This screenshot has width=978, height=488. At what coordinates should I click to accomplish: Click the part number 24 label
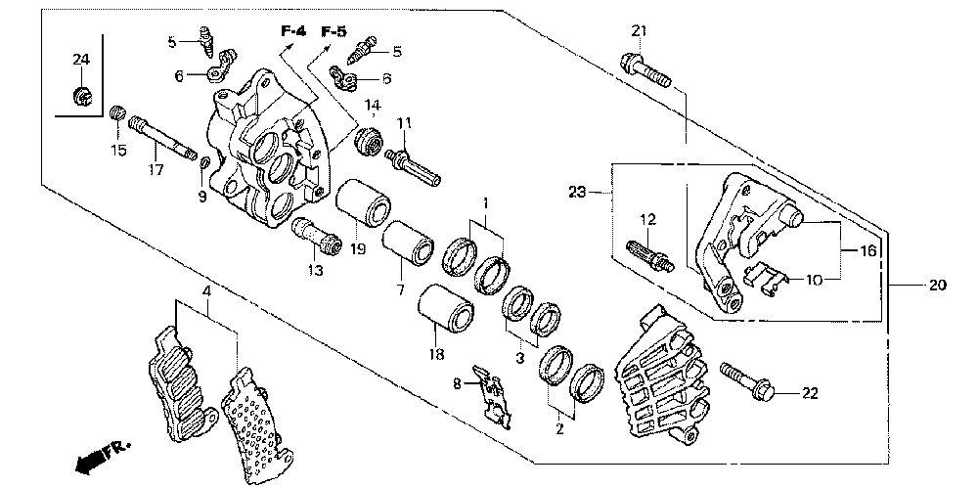tap(81, 60)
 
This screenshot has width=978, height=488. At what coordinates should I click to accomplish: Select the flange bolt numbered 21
tap(645, 70)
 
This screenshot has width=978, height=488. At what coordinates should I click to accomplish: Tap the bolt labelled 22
tap(746, 380)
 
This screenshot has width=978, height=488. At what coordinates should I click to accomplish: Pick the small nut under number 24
tap(82, 97)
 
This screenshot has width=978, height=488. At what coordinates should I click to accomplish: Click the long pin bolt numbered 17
tap(162, 139)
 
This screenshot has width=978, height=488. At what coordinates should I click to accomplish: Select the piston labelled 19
tap(364, 203)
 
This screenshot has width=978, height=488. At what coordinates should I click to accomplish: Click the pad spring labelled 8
tap(492, 397)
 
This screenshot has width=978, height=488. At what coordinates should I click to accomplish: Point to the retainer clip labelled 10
tap(766, 278)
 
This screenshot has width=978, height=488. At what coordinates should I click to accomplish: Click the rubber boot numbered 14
tap(368, 142)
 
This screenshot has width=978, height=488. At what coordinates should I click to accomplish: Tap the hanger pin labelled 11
tap(413, 166)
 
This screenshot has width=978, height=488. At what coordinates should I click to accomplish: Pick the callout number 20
tap(938, 286)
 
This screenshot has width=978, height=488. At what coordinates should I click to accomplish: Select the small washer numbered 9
tap(204, 164)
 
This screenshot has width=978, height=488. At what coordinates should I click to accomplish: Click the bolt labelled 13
tap(316, 236)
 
